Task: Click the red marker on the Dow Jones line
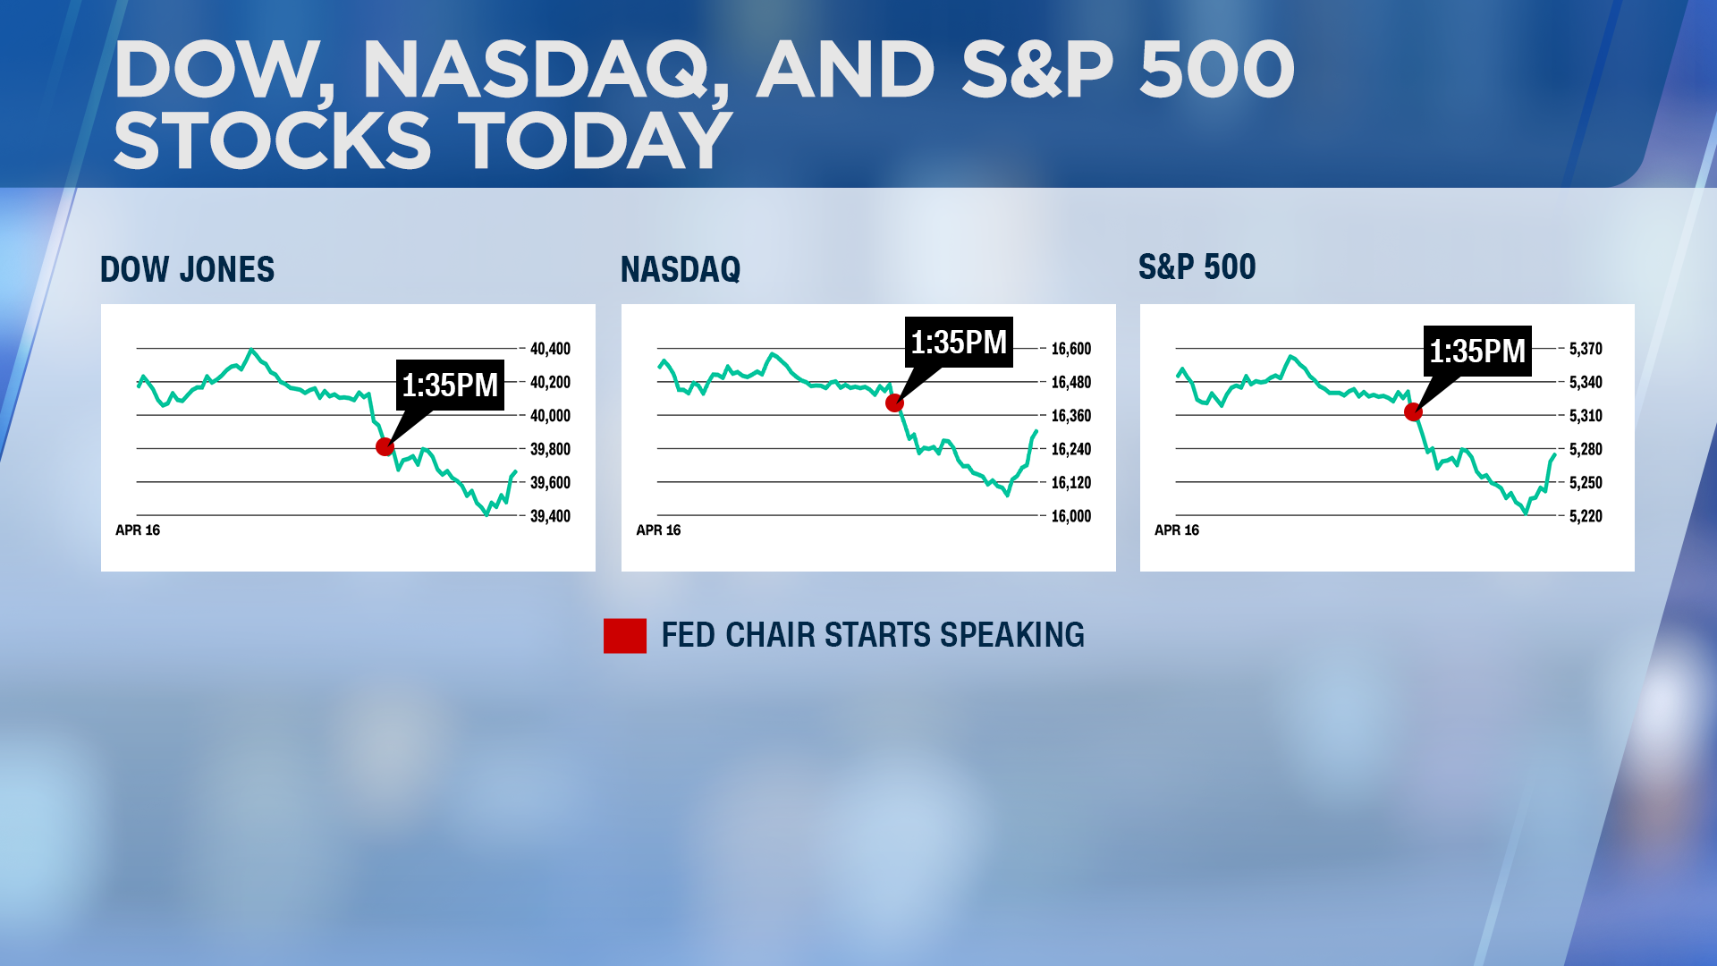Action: pyautogui.click(x=385, y=446)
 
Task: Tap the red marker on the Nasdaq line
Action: pyautogui.click(x=894, y=403)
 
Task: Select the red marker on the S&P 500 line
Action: pyautogui.click(x=1413, y=412)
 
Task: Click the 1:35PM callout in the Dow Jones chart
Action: pyautogui.click(x=450, y=386)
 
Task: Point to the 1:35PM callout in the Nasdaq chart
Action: pyautogui.click(x=959, y=343)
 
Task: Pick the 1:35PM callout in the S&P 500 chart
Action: pyautogui.click(x=1477, y=352)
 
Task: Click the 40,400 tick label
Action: pyautogui.click(x=550, y=349)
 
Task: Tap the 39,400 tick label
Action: pyautogui.click(x=550, y=516)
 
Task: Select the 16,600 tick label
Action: pyautogui.click(x=1070, y=349)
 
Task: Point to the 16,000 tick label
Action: pyautogui.click(x=1070, y=516)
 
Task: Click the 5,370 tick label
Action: pyautogui.click(x=1586, y=349)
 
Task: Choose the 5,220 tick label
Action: pyautogui.click(x=1586, y=516)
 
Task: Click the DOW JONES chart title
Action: pyautogui.click(x=187, y=269)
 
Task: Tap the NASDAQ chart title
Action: pyautogui.click(x=681, y=269)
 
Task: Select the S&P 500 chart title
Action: pyautogui.click(x=1197, y=267)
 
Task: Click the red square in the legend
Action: pyautogui.click(x=625, y=636)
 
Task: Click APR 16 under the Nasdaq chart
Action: pyautogui.click(x=658, y=530)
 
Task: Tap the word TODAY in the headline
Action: pyautogui.click(x=595, y=141)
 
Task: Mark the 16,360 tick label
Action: pyautogui.click(x=1070, y=416)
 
